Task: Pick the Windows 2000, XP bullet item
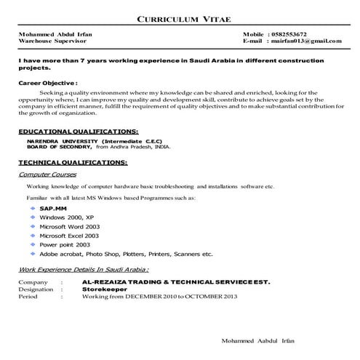(67, 217)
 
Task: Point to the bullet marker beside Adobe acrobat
(33, 254)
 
